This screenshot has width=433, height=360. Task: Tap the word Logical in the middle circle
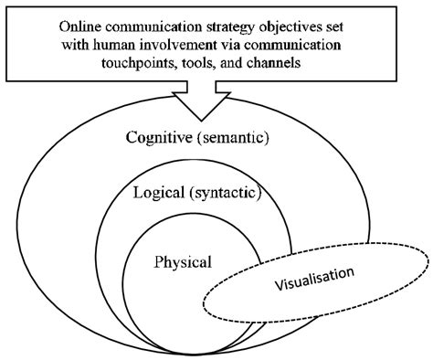click(x=157, y=194)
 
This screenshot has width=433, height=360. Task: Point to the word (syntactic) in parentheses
click(x=223, y=194)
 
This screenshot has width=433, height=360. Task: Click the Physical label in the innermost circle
click(x=184, y=262)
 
